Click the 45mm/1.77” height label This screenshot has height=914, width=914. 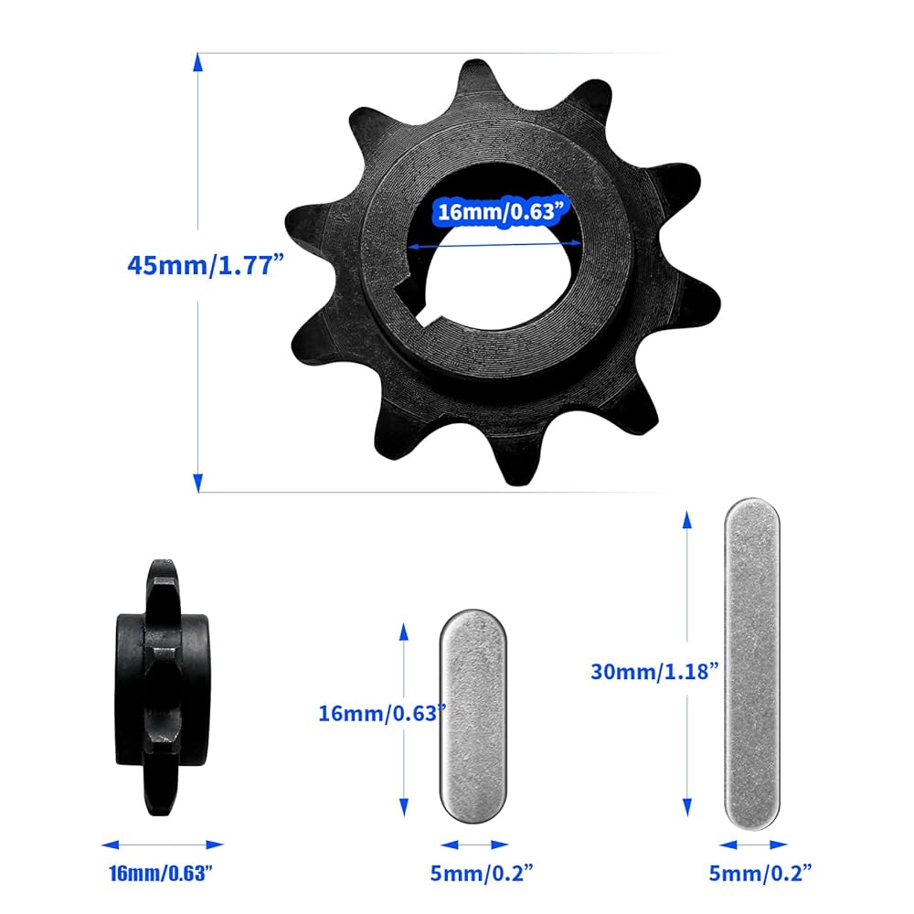point(207,266)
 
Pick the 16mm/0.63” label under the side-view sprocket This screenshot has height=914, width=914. point(162,874)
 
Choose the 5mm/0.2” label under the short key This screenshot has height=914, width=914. point(473,874)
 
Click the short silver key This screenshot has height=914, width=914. point(473,715)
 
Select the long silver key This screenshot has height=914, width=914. point(752,664)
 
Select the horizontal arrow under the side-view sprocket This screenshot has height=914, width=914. point(162,845)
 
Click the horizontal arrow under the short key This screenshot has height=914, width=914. point(473,845)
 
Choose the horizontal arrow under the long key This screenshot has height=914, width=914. point(752,845)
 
